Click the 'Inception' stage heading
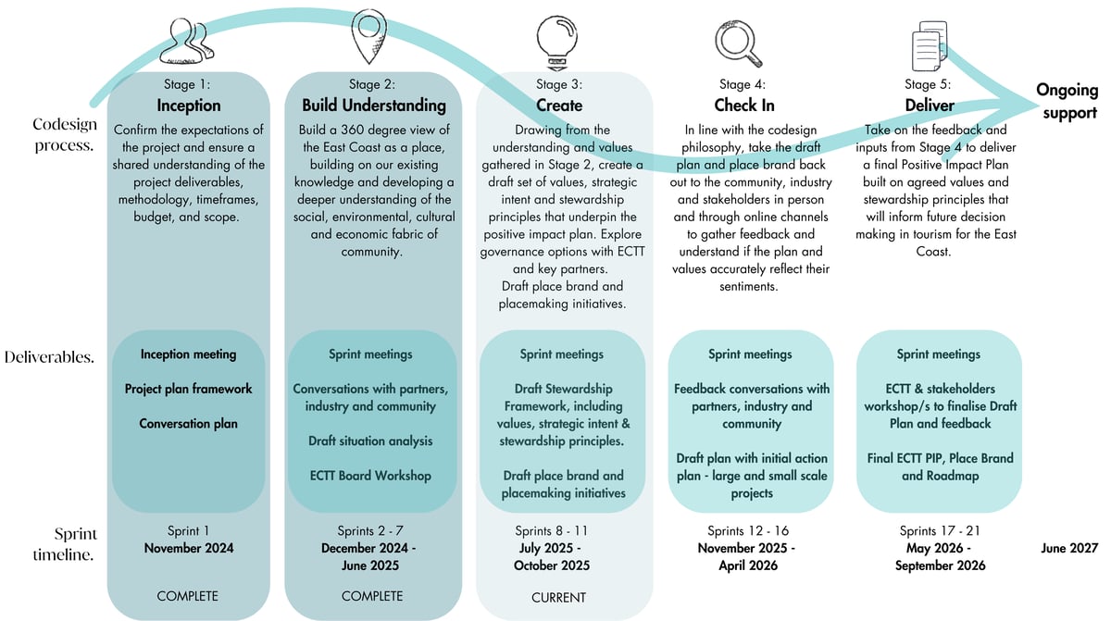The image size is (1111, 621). (189, 105)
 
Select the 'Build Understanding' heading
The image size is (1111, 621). (373, 105)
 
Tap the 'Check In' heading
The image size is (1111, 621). (743, 105)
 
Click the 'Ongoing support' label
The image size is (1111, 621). (1067, 102)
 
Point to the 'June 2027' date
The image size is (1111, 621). (1069, 548)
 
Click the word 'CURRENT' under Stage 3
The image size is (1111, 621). (558, 598)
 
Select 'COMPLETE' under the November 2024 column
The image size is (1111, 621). (188, 596)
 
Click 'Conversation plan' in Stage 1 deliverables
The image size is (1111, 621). (189, 424)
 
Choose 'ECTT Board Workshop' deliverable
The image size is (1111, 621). (371, 476)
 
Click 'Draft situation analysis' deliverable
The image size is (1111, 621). (370, 441)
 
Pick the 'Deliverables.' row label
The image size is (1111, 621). (49, 356)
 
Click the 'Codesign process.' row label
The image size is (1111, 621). (63, 134)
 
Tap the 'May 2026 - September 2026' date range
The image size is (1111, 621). (940, 557)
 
